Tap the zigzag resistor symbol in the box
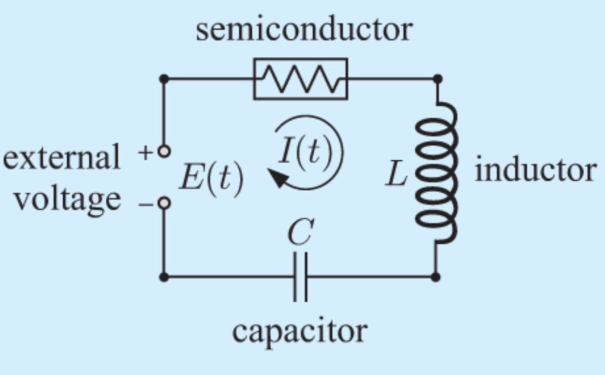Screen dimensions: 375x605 (301, 79)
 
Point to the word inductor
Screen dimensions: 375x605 (535, 170)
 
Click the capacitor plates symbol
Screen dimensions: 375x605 (300, 277)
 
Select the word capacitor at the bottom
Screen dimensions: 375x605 (300, 331)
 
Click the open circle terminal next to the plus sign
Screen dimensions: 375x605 (164, 152)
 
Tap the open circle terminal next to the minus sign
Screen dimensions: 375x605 (164, 203)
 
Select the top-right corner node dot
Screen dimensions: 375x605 (437, 79)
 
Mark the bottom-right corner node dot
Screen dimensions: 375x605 (436, 276)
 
